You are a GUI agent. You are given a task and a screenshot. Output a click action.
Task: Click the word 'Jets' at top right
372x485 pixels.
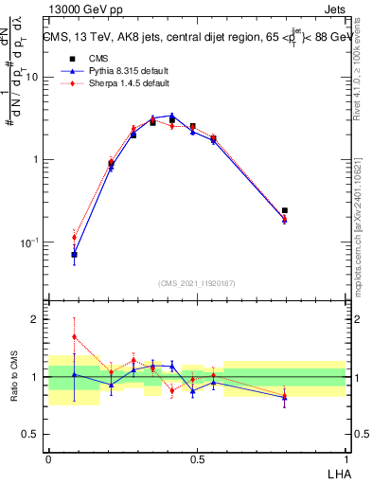tap(332, 10)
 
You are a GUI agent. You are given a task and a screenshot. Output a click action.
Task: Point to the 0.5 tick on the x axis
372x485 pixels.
tap(197, 458)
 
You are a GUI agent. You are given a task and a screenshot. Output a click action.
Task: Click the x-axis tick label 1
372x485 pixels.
tap(345, 458)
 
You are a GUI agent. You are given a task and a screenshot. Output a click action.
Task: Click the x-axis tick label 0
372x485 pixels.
tap(48, 458)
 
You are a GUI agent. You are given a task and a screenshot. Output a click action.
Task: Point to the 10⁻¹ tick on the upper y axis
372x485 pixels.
tap(29, 242)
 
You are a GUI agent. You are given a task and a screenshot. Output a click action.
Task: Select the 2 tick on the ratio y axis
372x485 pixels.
tap(35, 319)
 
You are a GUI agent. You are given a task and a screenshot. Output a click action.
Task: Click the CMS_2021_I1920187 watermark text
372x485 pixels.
tap(196, 283)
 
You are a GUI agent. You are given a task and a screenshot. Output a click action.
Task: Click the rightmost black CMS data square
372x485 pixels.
tap(285, 210)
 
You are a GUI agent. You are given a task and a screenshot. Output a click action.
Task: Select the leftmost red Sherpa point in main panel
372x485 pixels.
tap(74, 238)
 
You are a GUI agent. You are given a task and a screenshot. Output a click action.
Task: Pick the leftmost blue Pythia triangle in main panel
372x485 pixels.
tap(74, 254)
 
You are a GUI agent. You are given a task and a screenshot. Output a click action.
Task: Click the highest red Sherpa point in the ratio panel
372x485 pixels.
tap(74, 336)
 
